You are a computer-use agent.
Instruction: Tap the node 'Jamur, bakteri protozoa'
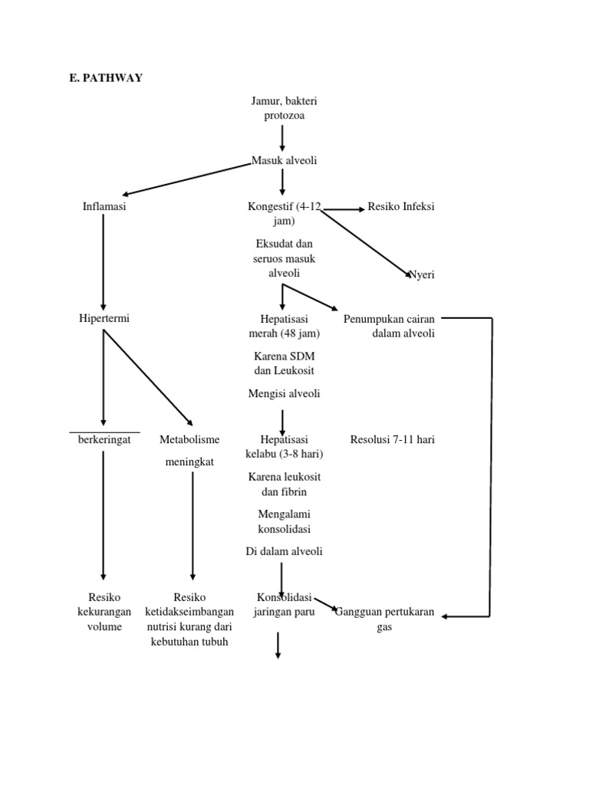pos(283,107)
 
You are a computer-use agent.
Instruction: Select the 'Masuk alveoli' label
pos(284,160)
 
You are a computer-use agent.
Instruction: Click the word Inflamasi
pos(104,206)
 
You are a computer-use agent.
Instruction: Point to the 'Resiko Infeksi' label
pos(401,206)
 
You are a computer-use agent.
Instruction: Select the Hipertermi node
pos(104,318)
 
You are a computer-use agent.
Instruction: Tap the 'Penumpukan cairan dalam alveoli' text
pos(389,325)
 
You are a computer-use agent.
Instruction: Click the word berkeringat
pos(104,439)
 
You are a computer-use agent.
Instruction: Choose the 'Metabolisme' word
pos(189,439)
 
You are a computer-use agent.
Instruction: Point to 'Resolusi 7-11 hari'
pos(392,439)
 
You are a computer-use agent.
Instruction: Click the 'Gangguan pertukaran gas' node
pos(385,619)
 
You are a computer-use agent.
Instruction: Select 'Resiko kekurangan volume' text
pos(104,611)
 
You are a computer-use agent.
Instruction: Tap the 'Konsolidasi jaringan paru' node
pos(284,604)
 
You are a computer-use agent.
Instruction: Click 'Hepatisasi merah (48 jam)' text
pos(284,325)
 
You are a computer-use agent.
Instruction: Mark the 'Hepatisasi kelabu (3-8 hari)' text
pos(284,446)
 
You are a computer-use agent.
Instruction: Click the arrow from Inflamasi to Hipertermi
pos(104,261)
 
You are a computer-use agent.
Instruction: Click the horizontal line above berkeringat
pos(104,432)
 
